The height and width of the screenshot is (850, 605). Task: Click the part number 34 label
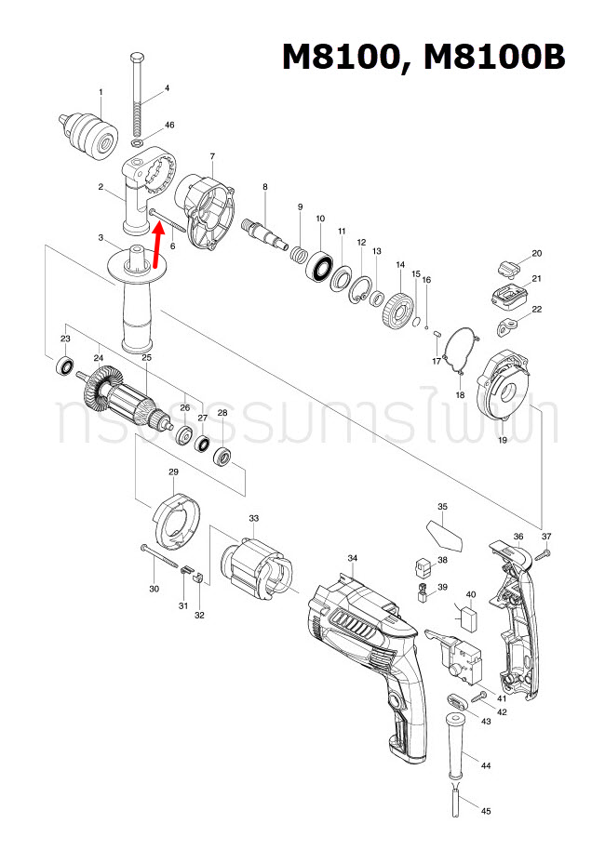tap(353, 558)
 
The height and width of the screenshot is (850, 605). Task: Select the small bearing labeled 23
tap(65, 365)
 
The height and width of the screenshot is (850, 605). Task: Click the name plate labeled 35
tap(443, 535)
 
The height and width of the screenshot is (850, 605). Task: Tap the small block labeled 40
tap(468, 616)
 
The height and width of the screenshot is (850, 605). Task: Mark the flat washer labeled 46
tap(138, 145)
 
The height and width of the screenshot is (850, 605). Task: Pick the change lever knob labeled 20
tap(508, 268)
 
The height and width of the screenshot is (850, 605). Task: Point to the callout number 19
tap(502, 440)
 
